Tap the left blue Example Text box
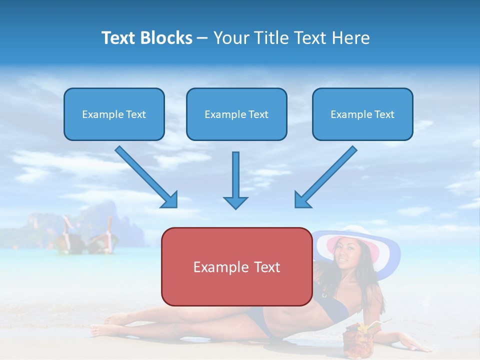click(114, 114)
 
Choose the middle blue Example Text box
click(236, 114)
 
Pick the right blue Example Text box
click(362, 114)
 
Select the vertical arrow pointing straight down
click(235, 180)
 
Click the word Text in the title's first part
click(118, 38)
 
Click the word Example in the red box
click(213, 267)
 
